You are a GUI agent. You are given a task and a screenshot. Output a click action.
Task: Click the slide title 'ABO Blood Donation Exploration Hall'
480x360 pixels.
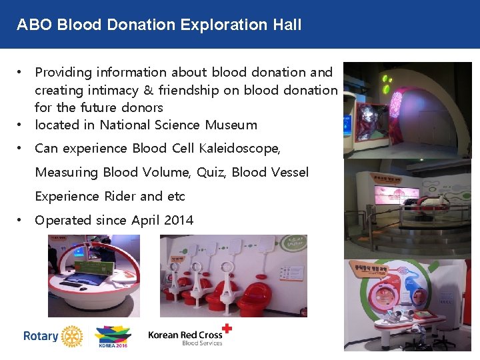[x=159, y=25]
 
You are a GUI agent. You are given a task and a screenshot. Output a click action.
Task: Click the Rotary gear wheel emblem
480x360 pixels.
[x=71, y=337]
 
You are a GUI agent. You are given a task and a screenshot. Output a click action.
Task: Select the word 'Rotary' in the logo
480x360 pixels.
[x=41, y=336]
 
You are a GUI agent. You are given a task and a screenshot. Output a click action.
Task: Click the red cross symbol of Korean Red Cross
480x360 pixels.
[x=227, y=328]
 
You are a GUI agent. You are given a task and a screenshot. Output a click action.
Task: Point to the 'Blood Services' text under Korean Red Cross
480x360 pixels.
[x=202, y=343]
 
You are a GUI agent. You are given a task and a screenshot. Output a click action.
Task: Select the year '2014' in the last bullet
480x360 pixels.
[x=178, y=220]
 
